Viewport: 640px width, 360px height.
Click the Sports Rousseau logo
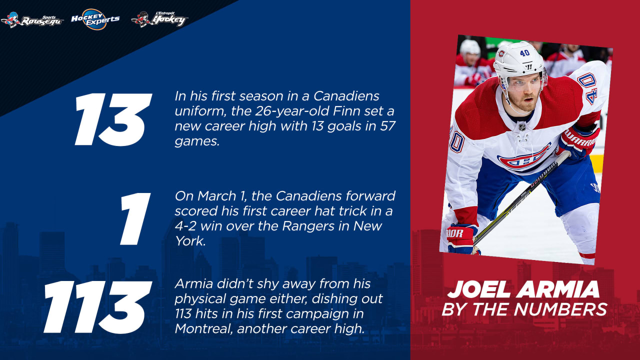(x=32, y=19)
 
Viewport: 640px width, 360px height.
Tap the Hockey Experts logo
(x=95, y=18)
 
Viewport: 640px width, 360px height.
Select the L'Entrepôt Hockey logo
(x=159, y=18)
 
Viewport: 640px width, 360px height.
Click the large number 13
(x=113, y=120)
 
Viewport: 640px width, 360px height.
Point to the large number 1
(x=134, y=219)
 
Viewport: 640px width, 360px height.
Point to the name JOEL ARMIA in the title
(x=523, y=290)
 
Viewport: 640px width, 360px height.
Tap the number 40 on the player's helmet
(x=524, y=53)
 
